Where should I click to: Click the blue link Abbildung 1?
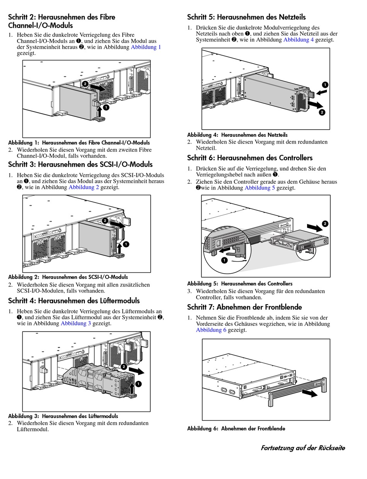146,47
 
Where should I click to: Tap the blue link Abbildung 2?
84,187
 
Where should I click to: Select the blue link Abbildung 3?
76,323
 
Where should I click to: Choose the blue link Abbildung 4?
299,39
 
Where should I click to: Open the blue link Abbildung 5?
260,188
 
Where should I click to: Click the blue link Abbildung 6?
211,330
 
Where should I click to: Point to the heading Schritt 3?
80,164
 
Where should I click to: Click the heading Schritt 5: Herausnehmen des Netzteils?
246,17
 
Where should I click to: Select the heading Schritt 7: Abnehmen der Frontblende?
245,307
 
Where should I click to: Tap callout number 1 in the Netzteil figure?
325,85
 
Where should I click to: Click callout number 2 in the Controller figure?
325,223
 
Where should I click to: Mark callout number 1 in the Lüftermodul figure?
138,384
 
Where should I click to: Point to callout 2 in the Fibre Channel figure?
85,84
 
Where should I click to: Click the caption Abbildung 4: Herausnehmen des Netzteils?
237,135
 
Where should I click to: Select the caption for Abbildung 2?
68,277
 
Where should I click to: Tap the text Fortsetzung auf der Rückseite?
302,448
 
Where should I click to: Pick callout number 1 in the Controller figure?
224,261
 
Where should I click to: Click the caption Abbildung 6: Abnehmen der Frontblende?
236,429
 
